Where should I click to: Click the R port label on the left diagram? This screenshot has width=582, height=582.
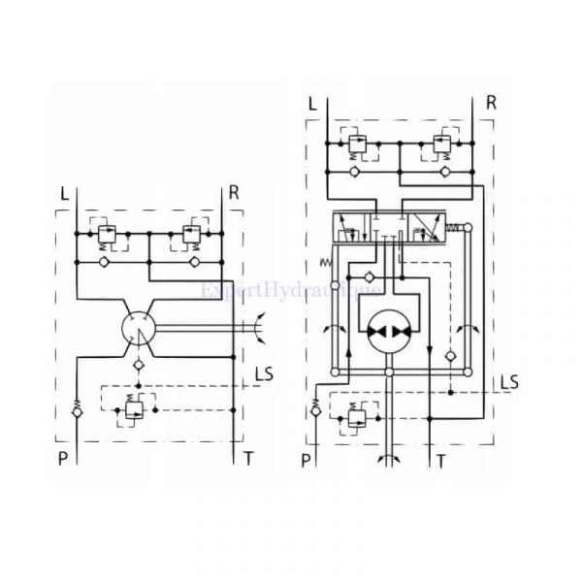point(233,192)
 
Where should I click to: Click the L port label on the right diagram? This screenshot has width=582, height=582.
point(311,103)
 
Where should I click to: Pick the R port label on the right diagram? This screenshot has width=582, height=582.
point(491,103)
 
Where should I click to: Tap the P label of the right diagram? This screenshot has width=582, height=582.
point(307,461)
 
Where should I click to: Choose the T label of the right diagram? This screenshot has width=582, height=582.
point(440,461)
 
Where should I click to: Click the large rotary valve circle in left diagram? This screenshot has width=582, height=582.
point(143,330)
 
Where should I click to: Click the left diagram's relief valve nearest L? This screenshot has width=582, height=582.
point(107,234)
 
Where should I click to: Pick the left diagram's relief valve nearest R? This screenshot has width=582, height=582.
point(190,234)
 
